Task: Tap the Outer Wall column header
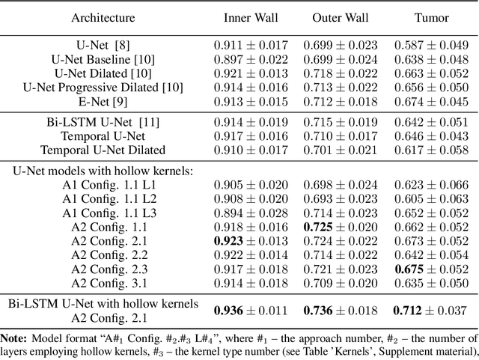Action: click(x=340, y=17)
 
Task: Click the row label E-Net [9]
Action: click(x=103, y=101)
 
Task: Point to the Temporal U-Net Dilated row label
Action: click(x=103, y=150)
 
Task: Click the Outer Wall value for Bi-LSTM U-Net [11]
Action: click(x=340, y=122)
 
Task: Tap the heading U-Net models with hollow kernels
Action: click(x=103, y=171)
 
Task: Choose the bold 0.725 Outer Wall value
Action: click(x=317, y=226)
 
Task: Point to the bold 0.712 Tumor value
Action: click(x=409, y=310)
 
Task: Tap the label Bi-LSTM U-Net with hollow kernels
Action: click(x=103, y=303)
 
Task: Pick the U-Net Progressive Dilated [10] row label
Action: click(x=103, y=87)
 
